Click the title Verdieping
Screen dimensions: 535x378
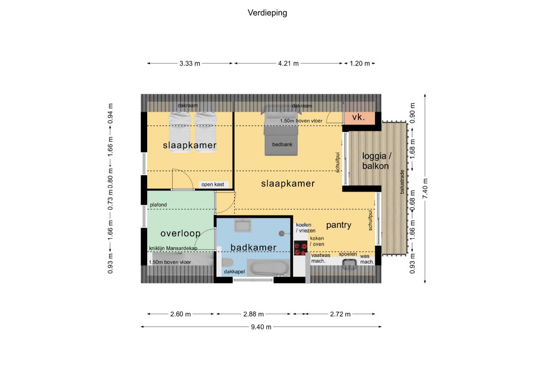tap(267, 13)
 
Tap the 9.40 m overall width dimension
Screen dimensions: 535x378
tap(261, 327)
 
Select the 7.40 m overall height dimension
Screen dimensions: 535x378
tap(425, 188)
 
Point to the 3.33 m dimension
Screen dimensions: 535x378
tap(189, 63)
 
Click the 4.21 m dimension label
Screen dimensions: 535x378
tap(288, 63)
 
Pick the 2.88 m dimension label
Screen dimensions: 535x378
tap(253, 314)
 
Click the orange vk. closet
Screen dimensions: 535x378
tap(359, 118)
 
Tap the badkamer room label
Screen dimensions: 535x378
tap(253, 248)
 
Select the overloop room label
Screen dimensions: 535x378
tap(180, 234)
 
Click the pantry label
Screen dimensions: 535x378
tap(339, 225)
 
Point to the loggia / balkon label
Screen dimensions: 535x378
tap(376, 161)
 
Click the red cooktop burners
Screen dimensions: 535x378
tap(300, 248)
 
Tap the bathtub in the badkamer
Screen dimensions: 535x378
tap(269, 268)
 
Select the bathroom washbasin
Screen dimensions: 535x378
tap(243, 225)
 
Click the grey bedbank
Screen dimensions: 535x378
tap(281, 134)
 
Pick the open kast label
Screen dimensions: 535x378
tap(213, 184)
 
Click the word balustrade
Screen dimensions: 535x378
tap(402, 182)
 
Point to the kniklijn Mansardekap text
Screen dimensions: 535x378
tap(173, 248)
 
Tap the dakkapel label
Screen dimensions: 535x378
tap(235, 272)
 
